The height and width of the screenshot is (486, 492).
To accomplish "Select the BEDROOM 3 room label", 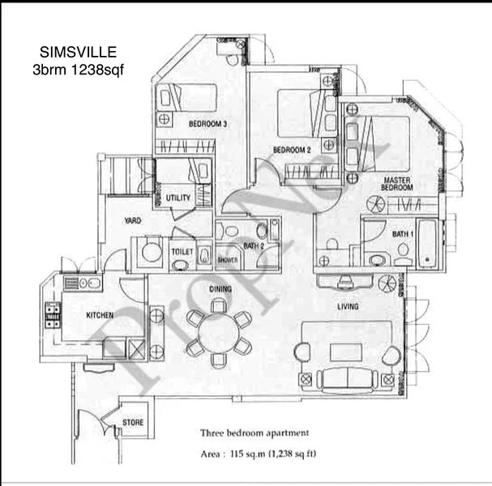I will pyautogui.click(x=207, y=124).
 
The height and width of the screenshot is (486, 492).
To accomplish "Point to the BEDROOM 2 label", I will pyautogui.click(x=293, y=150).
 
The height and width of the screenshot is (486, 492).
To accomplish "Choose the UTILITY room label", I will pyautogui.click(x=178, y=198).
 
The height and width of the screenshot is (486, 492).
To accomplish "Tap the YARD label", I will pyautogui.click(x=134, y=220).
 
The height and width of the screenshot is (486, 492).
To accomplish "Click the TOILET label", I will pyautogui.click(x=182, y=252).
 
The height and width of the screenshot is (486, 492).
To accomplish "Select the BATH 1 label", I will pyautogui.click(x=403, y=234).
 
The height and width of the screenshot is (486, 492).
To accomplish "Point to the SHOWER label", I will pyautogui.click(x=227, y=261).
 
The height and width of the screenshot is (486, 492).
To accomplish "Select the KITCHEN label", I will pyautogui.click(x=101, y=314).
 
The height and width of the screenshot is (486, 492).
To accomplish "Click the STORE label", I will pyautogui.click(x=133, y=422).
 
